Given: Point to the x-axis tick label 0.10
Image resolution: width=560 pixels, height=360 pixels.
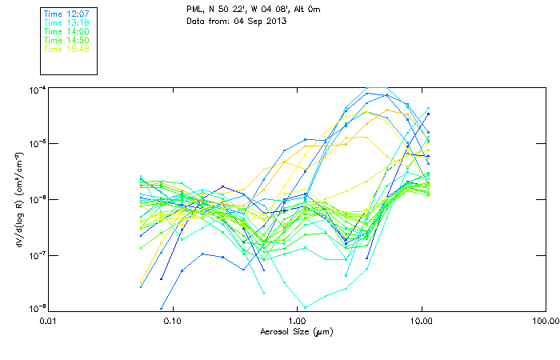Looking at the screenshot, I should click(x=172, y=321).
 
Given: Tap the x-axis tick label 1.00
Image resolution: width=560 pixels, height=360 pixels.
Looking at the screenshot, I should click(x=297, y=321).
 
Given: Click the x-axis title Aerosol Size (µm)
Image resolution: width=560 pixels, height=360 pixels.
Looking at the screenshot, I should click(x=297, y=331).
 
